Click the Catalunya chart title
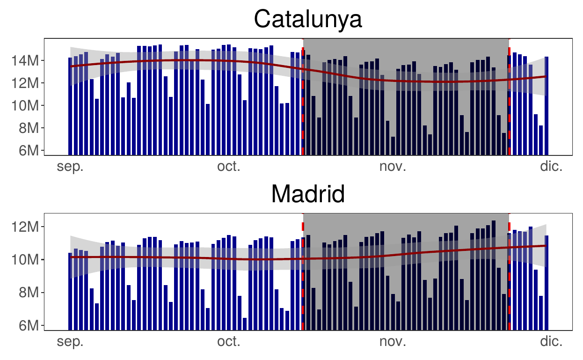coord(308,20)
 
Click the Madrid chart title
coord(308,194)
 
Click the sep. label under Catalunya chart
coord(70,167)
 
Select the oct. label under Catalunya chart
coord(229,167)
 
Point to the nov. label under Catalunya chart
coord(393,167)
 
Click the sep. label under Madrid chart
coord(70,342)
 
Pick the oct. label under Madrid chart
coord(229,342)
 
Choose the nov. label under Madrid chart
coord(393,342)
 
